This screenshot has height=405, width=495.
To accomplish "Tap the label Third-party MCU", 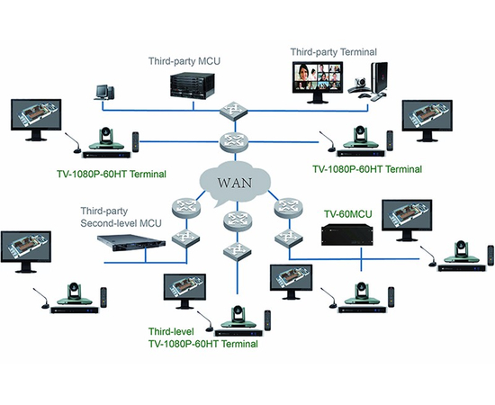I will (x=184, y=61).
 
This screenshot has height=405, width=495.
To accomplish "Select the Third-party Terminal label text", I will (x=334, y=52).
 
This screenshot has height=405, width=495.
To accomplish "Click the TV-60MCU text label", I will (x=347, y=214).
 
